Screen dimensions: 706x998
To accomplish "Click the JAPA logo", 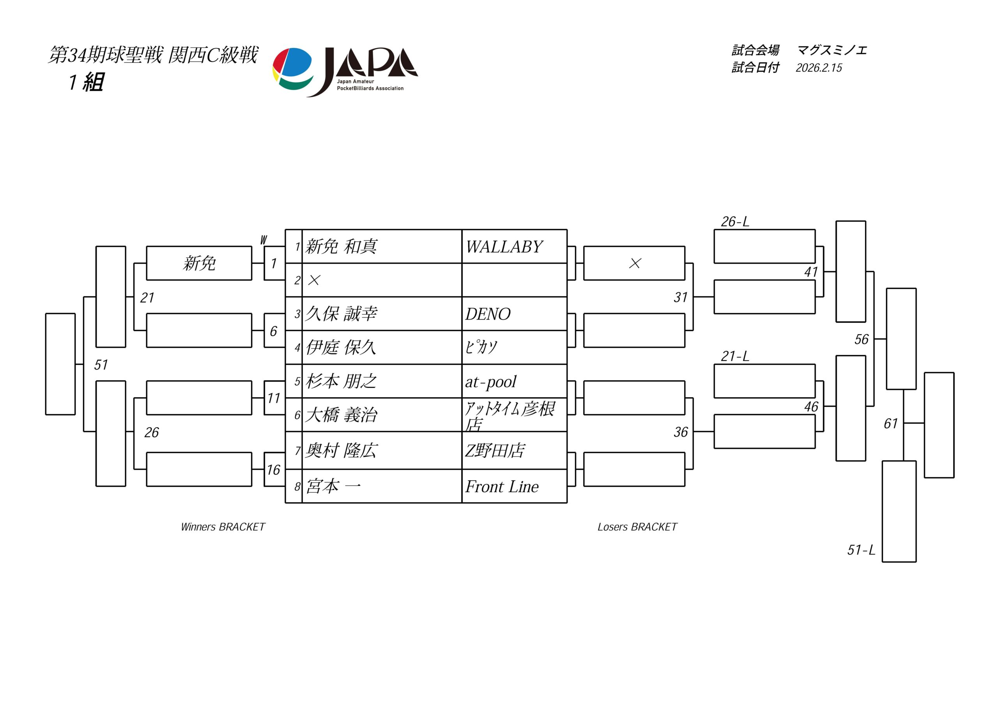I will (345, 71).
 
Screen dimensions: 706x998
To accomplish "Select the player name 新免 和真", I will (341, 246).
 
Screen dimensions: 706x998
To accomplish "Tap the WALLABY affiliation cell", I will (504, 247).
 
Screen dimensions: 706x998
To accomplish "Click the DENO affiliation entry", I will (488, 314).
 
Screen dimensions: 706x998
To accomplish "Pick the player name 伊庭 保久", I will (341, 347).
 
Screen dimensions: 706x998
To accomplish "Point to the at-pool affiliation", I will (491, 382).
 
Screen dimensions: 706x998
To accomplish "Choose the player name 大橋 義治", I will (341, 415).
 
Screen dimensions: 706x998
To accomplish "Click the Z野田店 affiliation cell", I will (495, 450).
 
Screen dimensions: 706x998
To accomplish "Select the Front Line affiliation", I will (502, 487).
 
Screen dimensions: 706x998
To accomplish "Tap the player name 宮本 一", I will (333, 486).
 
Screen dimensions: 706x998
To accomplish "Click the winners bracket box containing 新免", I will (199, 264).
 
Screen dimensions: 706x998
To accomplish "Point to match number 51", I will (101, 365).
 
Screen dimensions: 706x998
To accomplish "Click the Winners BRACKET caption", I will (223, 527).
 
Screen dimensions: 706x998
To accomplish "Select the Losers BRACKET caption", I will (637, 527).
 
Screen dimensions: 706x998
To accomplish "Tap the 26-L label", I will (735, 222).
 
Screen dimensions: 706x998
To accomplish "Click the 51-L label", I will (861, 550).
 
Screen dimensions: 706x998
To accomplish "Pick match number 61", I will (891, 423).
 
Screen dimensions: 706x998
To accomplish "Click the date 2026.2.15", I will (819, 68).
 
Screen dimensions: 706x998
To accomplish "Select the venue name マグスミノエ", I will (832, 50).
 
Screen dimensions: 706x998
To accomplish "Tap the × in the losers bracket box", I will (635, 264).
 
